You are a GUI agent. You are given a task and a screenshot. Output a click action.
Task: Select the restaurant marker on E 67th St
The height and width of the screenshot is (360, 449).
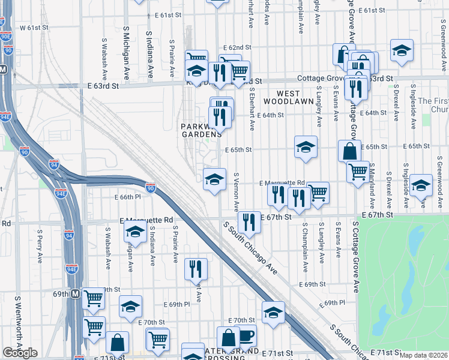[249, 222]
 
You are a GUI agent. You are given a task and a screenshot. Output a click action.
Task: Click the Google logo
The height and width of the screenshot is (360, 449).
[20, 353]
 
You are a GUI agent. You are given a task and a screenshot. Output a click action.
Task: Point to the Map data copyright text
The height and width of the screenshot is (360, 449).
[424, 355]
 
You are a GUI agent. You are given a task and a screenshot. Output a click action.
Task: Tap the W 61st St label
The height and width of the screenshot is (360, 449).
[33, 28]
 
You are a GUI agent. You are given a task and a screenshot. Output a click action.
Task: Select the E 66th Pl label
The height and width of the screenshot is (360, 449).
[127, 197]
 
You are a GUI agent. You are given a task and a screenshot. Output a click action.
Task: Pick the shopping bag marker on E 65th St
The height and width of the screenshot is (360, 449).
[349, 151]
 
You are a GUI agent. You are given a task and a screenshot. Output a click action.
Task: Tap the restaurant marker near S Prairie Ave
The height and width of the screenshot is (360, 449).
[196, 269]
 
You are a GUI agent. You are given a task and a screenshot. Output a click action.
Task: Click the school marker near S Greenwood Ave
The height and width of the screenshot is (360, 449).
[421, 185]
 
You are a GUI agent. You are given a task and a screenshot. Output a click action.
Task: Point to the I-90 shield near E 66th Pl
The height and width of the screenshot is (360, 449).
[150, 188]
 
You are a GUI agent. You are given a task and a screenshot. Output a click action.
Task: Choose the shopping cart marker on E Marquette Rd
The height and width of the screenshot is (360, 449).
[318, 193]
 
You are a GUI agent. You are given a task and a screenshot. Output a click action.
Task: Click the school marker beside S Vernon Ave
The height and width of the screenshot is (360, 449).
[214, 179]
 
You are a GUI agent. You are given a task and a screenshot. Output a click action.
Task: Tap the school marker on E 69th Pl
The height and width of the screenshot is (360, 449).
[130, 307]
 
